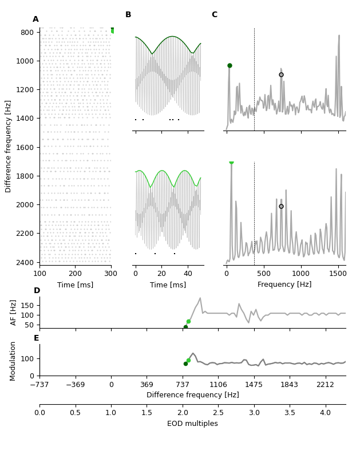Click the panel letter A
point(35,19)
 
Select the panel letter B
point(128,15)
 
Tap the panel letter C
point(215,15)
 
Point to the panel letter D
point(37,291)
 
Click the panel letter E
point(37,338)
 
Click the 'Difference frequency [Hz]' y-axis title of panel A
point(9,146)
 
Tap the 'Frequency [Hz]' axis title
point(284,285)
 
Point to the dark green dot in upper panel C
point(230,66)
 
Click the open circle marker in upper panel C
point(281,74)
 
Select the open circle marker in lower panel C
point(281,206)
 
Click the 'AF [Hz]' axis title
point(14,313)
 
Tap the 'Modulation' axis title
point(13,361)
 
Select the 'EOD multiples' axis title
point(192,424)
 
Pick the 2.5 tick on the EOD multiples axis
point(218,413)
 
